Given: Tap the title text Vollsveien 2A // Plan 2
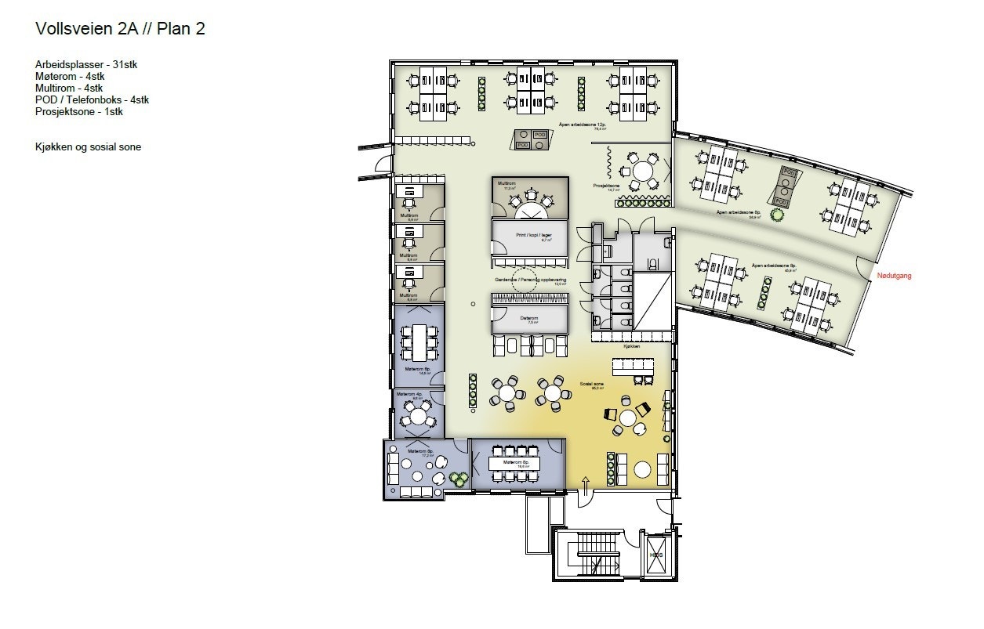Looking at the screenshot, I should [121, 29].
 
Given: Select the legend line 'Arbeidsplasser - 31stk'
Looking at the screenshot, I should [91, 64].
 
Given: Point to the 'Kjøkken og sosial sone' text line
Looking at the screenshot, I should [88, 146].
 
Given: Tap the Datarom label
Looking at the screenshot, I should [529, 319].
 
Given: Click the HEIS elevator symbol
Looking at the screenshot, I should [655, 555].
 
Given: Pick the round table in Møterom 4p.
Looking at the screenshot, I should [419, 417].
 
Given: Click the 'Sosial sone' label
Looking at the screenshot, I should [590, 384].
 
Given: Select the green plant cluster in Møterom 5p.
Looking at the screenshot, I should [458, 479].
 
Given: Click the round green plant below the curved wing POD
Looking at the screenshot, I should [778, 215].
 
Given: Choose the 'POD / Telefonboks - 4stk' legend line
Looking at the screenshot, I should [92, 99].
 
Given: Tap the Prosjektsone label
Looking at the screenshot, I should [606, 186].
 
